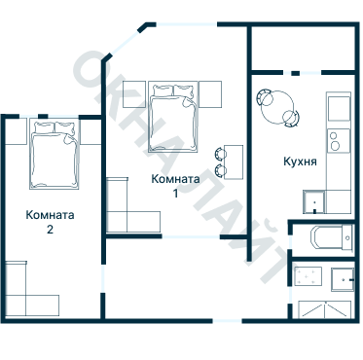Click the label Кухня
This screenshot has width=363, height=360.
300,162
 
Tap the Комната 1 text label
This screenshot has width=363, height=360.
175,186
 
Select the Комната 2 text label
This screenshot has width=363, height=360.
50,222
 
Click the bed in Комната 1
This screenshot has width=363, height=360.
173,117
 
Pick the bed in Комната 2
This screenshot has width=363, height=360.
54,154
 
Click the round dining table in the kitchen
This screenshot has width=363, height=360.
278,107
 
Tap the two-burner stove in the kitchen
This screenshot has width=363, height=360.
339,140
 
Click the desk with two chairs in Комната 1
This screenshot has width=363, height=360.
234,162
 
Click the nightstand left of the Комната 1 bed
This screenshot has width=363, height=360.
134,94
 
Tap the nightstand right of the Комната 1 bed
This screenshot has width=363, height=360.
210,94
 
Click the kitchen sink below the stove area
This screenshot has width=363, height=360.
314,201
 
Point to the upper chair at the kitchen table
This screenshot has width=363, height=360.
265,97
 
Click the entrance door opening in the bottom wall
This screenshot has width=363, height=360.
228,321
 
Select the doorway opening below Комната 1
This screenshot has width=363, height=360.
191,236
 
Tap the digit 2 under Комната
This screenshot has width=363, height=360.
50,230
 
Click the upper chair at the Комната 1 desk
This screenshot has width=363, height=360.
221,154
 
